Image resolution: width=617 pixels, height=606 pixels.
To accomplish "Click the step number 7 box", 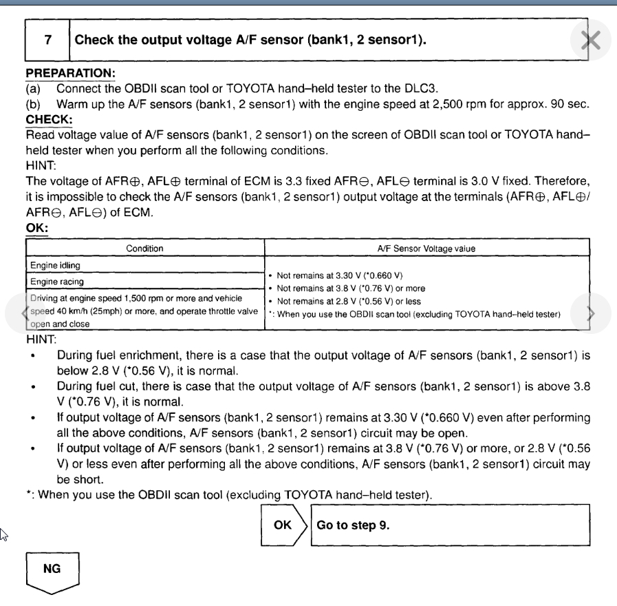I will (47, 40).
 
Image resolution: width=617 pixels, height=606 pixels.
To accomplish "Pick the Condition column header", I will (144, 248).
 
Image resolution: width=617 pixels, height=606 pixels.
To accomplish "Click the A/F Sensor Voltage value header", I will (428, 248).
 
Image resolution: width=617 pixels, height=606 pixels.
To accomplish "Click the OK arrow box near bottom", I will (283, 524).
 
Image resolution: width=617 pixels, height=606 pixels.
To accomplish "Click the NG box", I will (52, 570).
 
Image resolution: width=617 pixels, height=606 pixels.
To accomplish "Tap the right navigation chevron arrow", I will (591, 313).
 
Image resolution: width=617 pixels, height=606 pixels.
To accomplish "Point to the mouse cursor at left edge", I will (3, 532).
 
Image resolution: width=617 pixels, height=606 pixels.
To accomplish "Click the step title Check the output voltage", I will (249, 40).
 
